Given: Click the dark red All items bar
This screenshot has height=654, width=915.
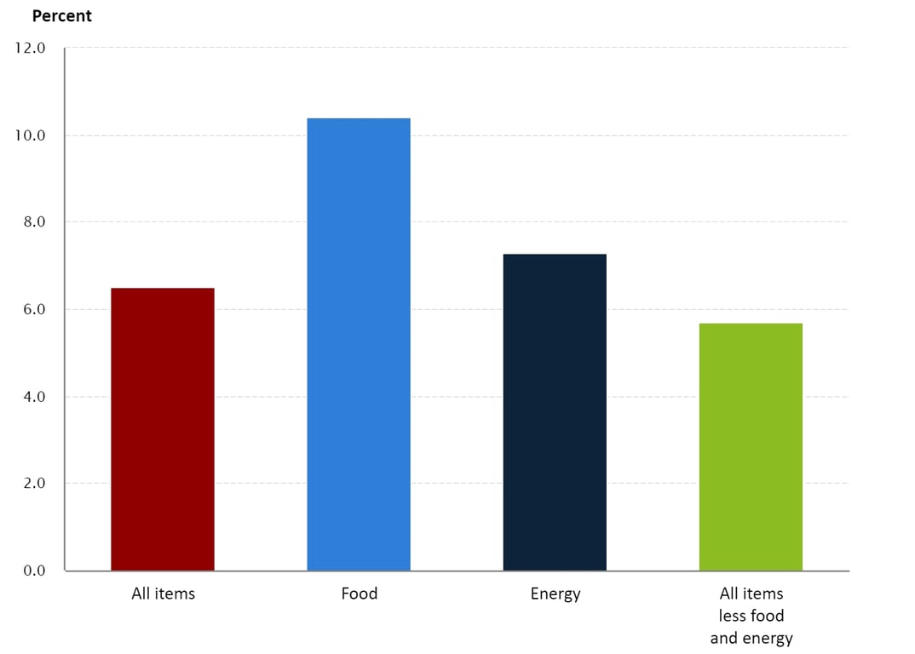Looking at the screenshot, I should [163, 429].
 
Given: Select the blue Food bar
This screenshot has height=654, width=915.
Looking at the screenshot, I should [359, 344].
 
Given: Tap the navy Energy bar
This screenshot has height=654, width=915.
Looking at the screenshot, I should [555, 412].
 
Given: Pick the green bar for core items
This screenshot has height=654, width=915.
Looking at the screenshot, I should [751, 446].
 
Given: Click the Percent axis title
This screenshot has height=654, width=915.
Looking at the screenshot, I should [61, 16].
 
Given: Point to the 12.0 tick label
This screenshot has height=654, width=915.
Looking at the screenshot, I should [30, 48].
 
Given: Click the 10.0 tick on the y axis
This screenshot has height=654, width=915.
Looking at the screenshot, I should [30, 135].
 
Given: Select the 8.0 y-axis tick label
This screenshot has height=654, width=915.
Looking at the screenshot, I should [32, 222].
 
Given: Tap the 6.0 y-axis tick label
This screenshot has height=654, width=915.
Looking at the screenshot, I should [32, 309].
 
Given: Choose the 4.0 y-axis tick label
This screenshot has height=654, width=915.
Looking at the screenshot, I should [32, 397].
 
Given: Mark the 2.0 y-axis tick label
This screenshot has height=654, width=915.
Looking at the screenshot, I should [32, 484].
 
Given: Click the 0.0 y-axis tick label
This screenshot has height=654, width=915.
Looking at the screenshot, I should [32, 571].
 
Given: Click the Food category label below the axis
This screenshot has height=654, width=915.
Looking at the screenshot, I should [359, 594].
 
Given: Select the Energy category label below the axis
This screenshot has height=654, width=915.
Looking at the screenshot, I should [555, 594].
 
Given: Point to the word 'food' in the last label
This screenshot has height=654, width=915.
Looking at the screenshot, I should [768, 616].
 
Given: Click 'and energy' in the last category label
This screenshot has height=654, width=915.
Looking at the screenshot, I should [751, 638].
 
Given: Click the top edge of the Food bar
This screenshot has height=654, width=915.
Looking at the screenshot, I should [359, 119].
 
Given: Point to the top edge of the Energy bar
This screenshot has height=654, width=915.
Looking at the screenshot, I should [555, 255].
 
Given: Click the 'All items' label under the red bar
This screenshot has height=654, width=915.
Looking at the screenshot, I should [163, 594].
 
